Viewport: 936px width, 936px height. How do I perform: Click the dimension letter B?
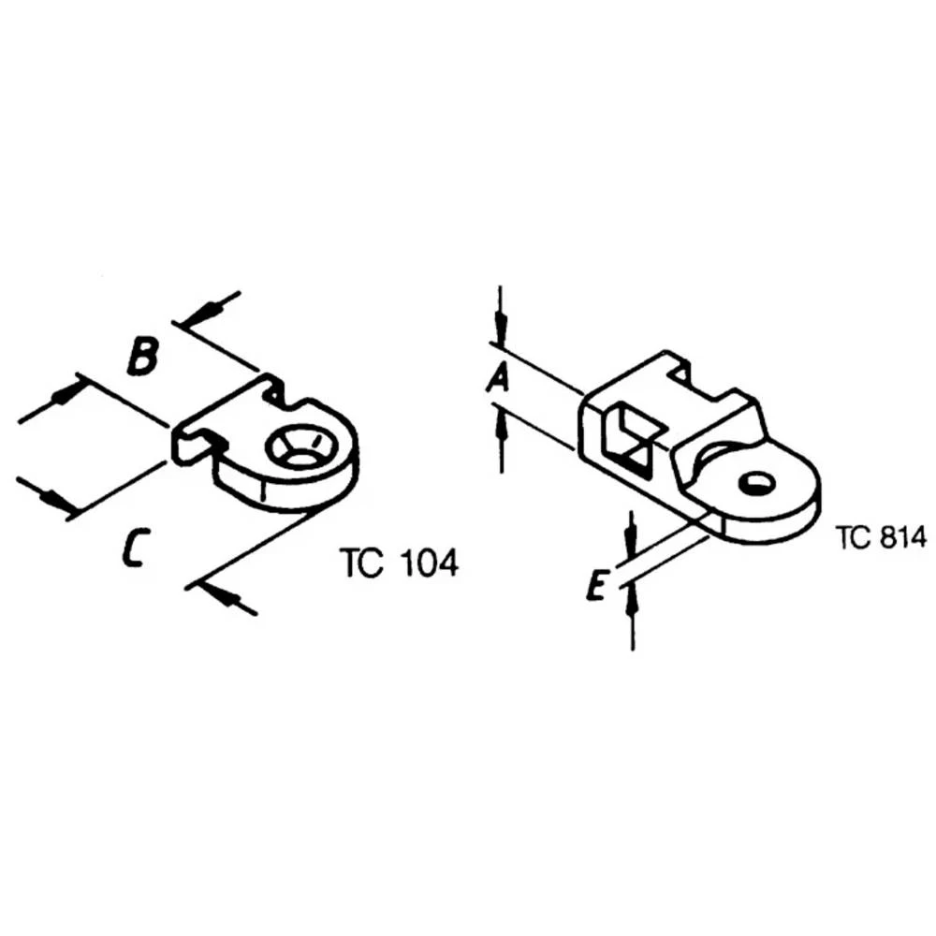pos(141,358)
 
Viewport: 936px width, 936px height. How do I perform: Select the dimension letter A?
pos(501,378)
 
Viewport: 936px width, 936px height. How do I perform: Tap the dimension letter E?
pos(595,588)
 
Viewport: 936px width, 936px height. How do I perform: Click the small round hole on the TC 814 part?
pos(756,483)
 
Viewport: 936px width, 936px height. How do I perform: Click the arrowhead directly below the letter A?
pos(502,428)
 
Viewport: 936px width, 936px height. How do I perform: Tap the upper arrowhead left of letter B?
pos(64,393)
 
